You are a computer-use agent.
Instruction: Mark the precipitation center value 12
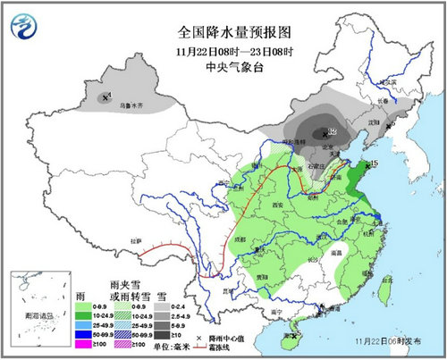point(331,131)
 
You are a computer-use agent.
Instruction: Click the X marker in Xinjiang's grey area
point(106,96)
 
